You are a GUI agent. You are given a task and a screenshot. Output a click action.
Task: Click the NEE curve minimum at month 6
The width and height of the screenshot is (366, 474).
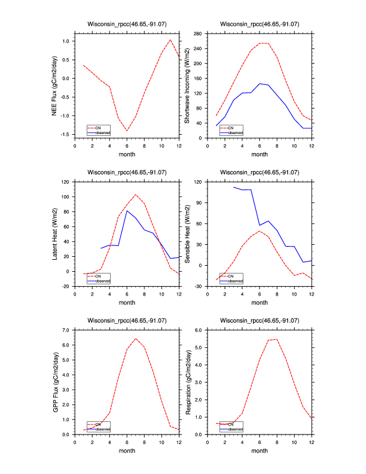point(127,130)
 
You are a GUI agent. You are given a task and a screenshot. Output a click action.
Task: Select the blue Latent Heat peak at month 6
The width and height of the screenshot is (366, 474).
point(127,210)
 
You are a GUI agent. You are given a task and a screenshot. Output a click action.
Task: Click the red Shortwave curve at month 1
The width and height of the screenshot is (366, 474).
point(216,116)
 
